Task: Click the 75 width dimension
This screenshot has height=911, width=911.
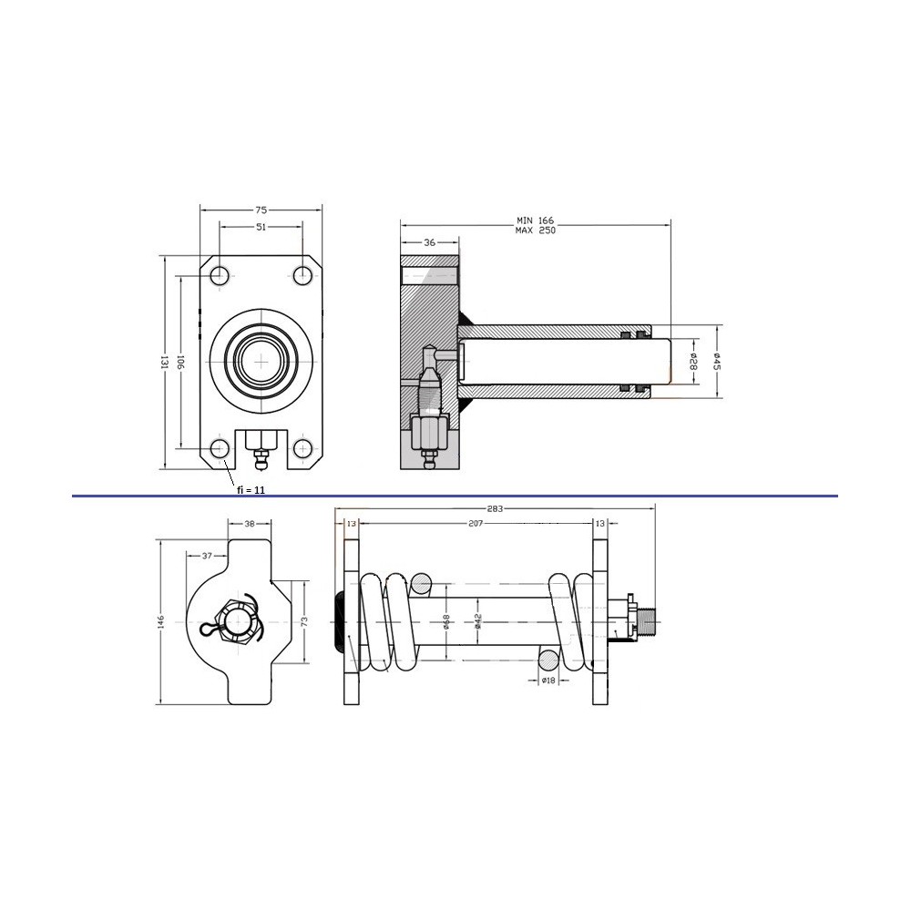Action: pos(261,210)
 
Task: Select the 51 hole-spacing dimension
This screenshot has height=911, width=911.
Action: pos(261,227)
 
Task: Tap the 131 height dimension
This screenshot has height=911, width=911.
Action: pos(164,362)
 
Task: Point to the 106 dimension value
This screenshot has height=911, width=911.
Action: pos(180,362)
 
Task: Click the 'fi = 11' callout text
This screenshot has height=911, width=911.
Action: pos(251,490)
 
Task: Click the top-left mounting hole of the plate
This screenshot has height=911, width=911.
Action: pos(219,275)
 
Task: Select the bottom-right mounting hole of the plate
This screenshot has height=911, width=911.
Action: pos(302,448)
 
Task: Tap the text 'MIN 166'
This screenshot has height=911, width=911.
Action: pos(535,220)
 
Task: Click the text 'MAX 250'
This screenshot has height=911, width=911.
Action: pos(535,230)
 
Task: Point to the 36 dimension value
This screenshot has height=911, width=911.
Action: pos(429,242)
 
